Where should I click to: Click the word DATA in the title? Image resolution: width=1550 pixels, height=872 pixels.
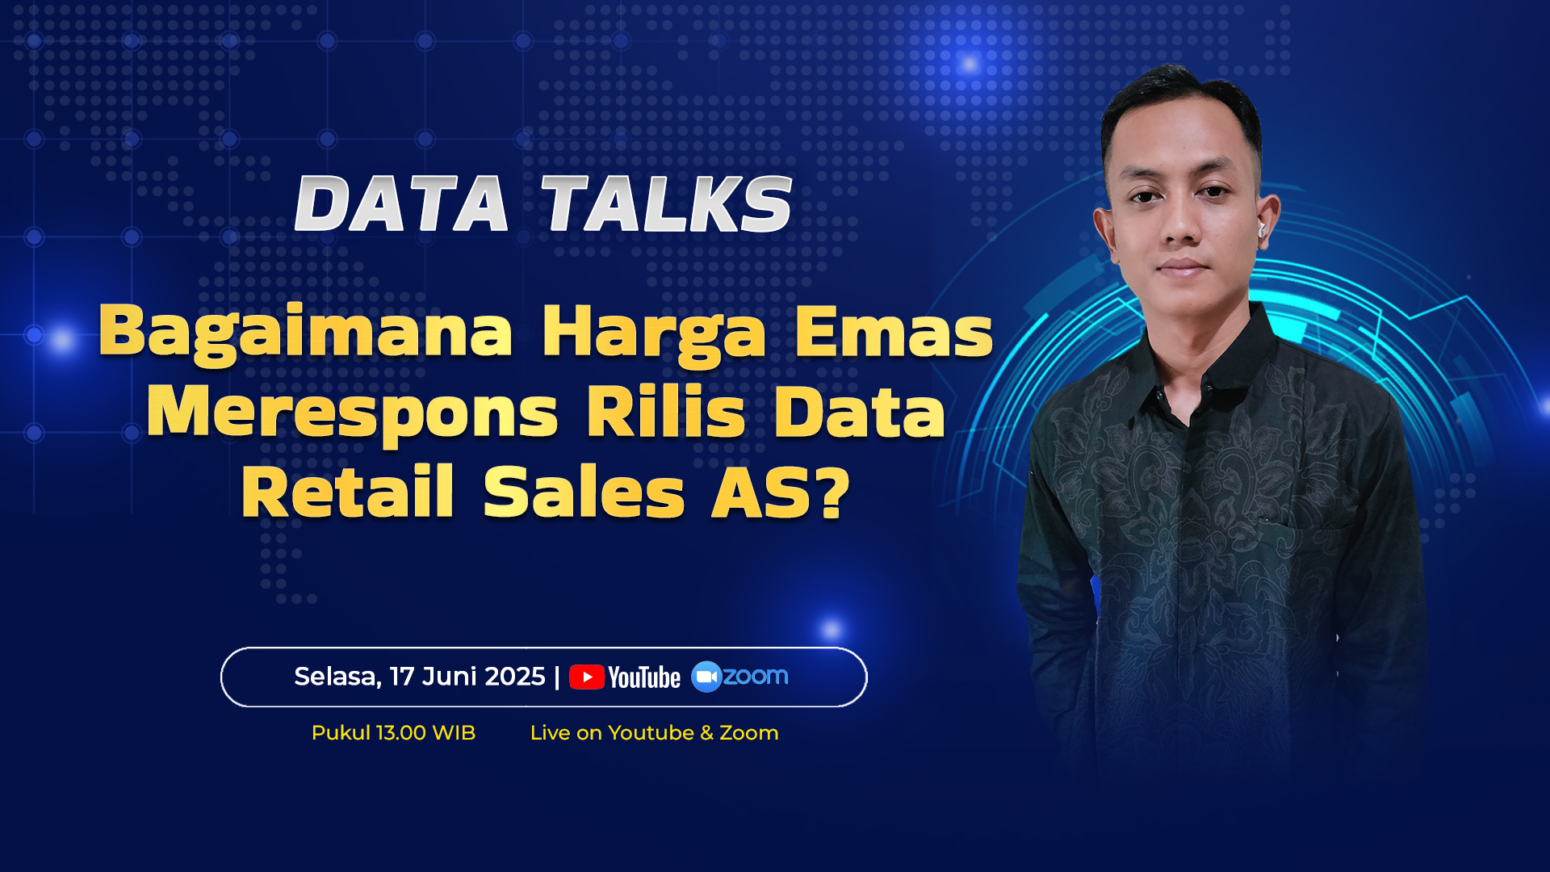pyautogui.click(x=401, y=204)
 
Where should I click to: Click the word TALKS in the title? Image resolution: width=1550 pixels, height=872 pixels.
pyautogui.click(x=667, y=204)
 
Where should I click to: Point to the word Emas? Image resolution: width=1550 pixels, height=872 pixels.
pyautogui.click(x=894, y=331)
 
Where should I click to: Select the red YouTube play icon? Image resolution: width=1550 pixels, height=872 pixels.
pyautogui.click(x=587, y=677)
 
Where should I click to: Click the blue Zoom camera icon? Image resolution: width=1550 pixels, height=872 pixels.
pyautogui.click(x=706, y=677)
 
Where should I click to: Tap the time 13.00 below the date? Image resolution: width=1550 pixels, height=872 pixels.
pyautogui.click(x=401, y=733)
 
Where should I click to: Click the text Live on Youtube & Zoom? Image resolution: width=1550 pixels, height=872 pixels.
pyautogui.click(x=654, y=733)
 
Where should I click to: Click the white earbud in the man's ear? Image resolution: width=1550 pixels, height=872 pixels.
pyautogui.click(x=1262, y=230)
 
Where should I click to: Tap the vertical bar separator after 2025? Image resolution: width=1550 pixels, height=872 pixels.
pyautogui.click(x=557, y=677)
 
